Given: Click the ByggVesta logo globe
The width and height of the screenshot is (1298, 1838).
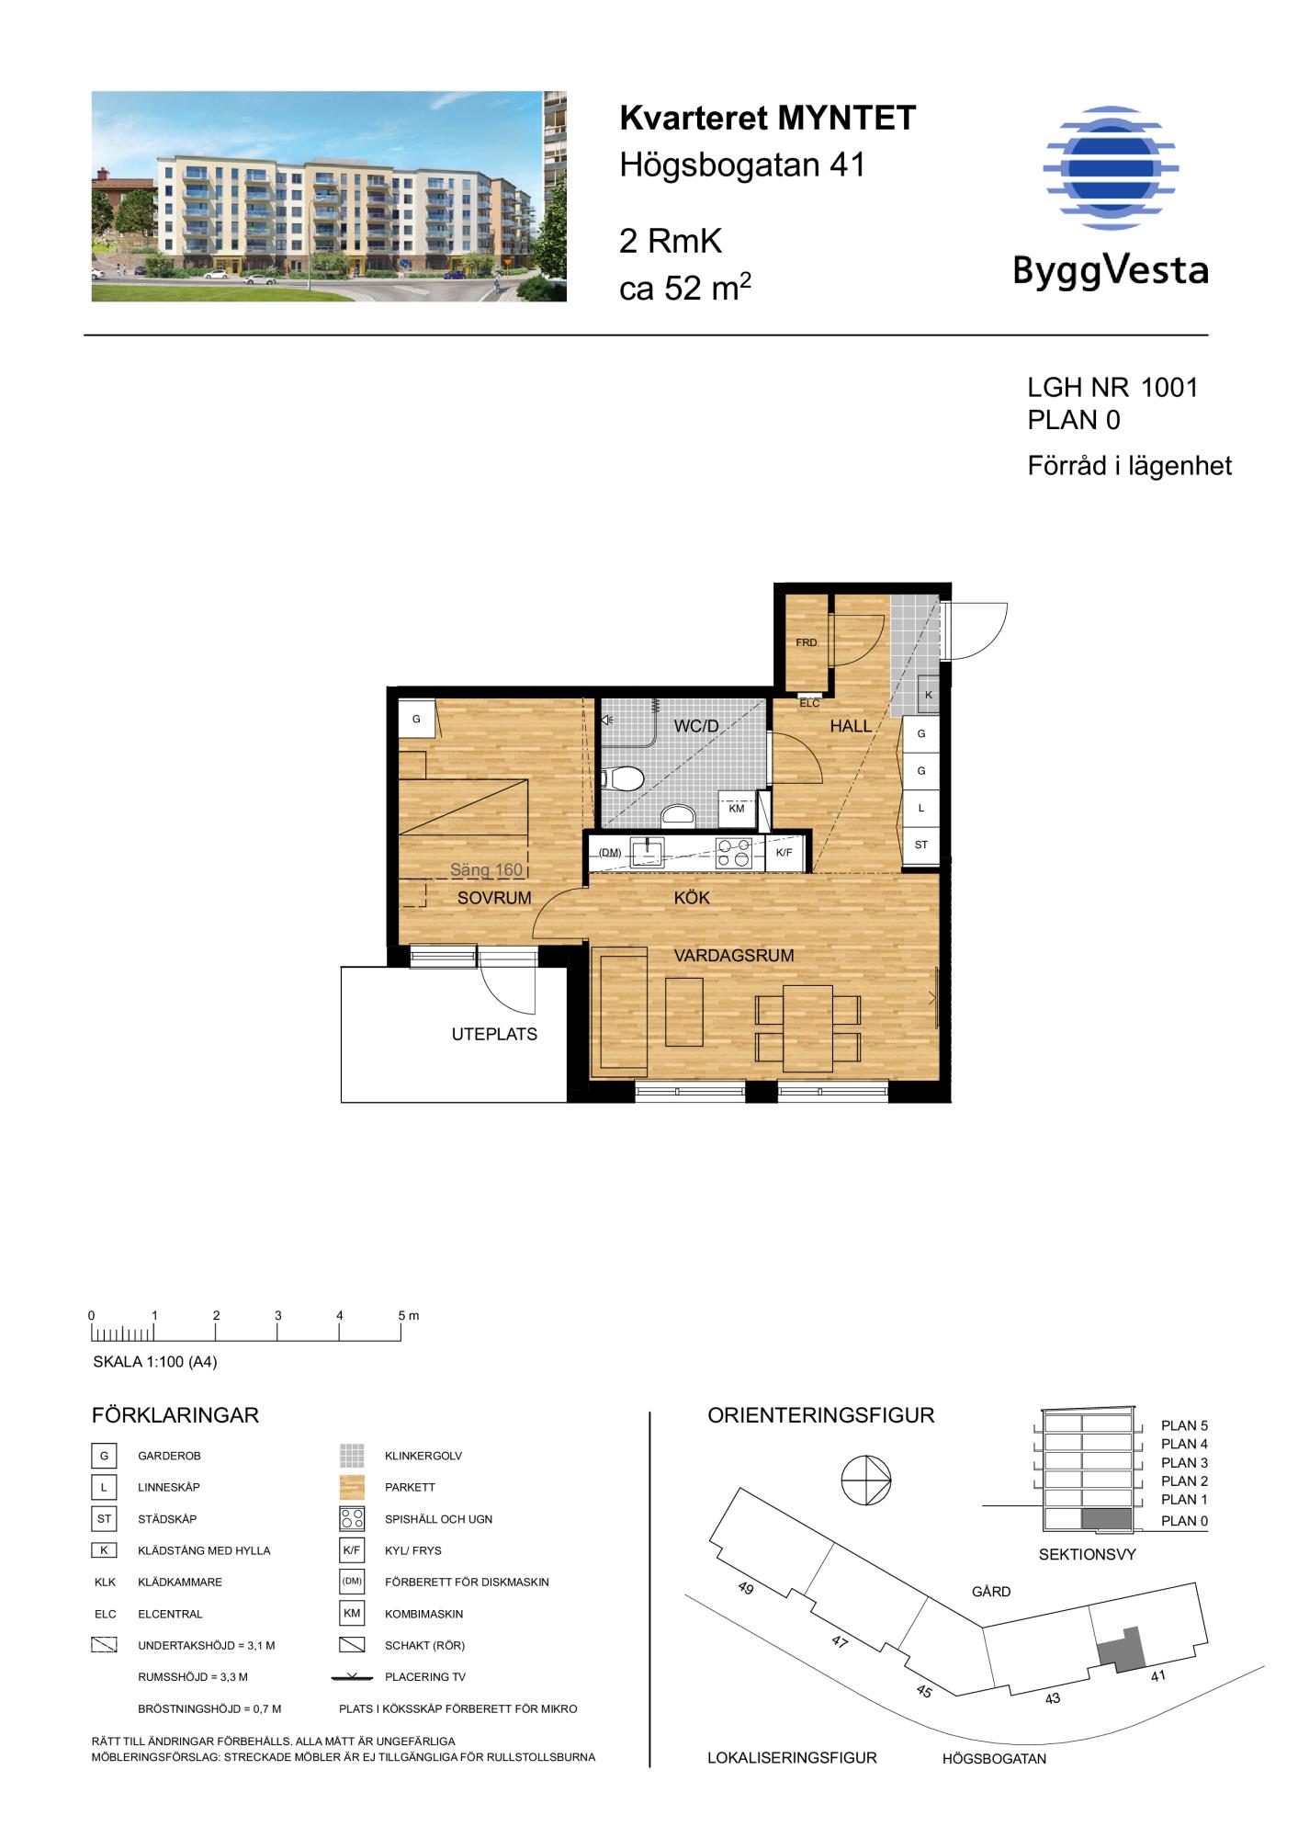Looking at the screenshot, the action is tap(1110, 167).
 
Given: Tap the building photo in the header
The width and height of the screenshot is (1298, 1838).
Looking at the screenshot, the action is tap(329, 196).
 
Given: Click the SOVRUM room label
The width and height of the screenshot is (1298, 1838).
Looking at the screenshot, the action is tap(494, 899).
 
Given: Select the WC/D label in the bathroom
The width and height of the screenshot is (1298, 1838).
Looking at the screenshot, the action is tap(696, 726).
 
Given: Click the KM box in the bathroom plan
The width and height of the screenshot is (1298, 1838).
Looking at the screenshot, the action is tap(737, 809).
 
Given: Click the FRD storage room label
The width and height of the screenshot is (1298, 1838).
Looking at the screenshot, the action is tap(806, 642).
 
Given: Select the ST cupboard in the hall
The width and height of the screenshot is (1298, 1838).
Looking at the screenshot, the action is tap(921, 845).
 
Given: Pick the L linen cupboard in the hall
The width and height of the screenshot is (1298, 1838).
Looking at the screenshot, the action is tap(921, 808).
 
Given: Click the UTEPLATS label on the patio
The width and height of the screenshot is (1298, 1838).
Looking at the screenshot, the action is tap(494, 1034).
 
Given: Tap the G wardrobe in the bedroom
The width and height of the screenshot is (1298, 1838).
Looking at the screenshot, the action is tap(416, 719).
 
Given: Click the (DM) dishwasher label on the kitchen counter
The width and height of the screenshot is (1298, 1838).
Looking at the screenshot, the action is tap(610, 853).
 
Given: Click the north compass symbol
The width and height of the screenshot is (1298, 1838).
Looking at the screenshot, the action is tap(866, 1481).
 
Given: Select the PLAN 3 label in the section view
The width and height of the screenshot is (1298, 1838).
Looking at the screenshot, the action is tap(1184, 1462).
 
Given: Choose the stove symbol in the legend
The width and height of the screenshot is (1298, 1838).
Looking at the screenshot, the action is tap(352, 1519).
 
